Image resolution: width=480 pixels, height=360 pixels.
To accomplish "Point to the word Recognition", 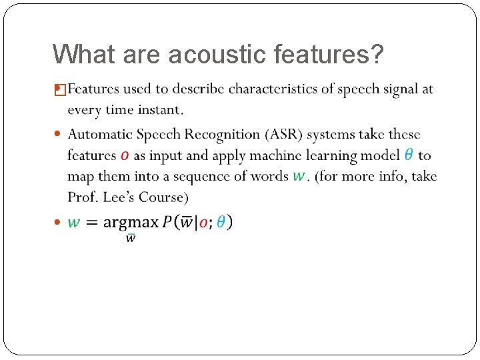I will coord(217,135).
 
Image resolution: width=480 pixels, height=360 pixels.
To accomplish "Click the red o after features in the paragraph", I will coord(125,156).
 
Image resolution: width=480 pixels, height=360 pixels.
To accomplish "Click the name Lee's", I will coord(116,197).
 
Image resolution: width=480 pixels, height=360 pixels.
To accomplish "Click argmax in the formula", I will coord(131,222).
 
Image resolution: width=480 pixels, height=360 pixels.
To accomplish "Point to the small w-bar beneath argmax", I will coord(131,238).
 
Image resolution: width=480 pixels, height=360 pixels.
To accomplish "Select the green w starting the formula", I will coord(74,223).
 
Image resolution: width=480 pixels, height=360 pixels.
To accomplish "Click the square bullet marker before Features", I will coord(59,89).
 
